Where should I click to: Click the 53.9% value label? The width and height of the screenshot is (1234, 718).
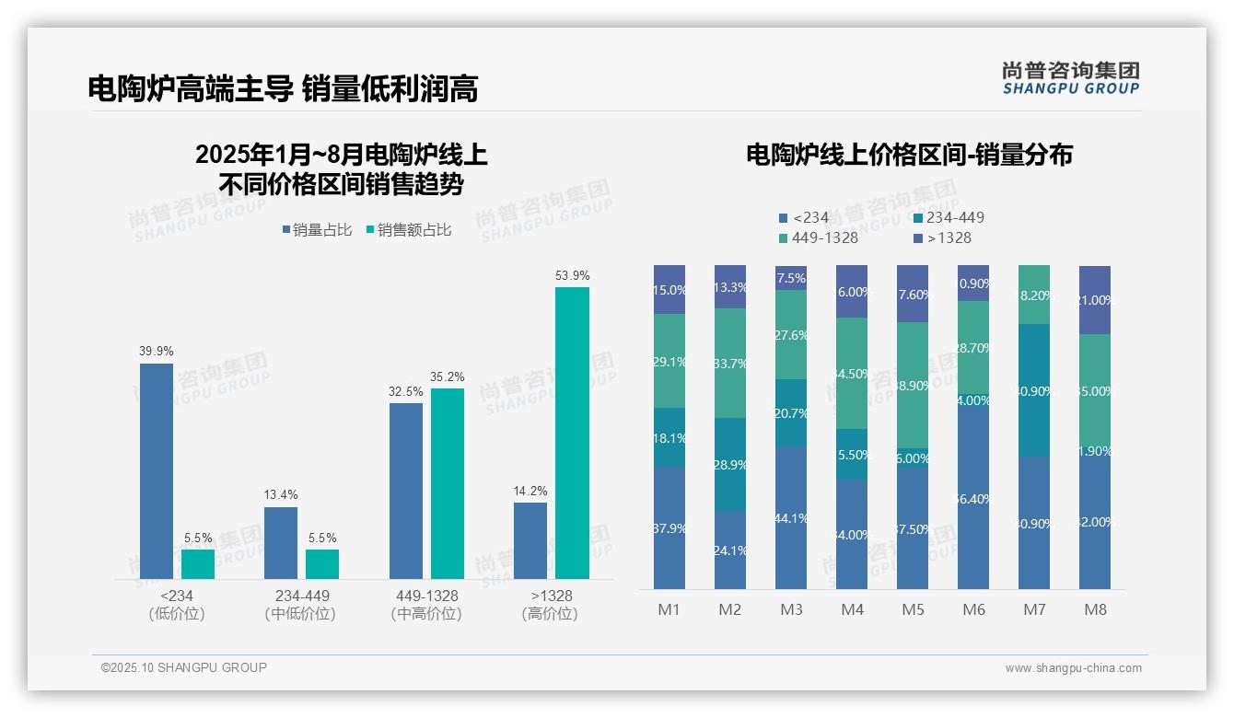[573, 275]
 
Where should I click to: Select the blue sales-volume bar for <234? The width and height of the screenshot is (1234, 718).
[157, 470]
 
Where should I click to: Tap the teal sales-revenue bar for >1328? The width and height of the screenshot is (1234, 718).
[573, 433]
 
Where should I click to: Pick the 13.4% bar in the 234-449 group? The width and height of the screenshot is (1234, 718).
[281, 542]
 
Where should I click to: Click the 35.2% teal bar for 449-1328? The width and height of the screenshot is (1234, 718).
[448, 483]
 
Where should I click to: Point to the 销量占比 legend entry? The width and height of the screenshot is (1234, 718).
[317, 230]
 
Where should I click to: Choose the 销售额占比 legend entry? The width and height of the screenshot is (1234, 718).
[409, 230]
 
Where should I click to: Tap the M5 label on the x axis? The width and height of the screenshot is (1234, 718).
[913, 609]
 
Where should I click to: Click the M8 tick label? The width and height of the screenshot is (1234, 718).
[1095, 609]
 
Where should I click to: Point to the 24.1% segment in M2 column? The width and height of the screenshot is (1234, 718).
[730, 550]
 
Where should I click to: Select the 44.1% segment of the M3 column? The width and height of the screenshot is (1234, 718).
[791, 518]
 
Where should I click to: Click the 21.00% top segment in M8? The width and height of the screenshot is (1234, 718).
[1095, 300]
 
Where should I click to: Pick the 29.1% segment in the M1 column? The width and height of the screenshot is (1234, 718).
[669, 361]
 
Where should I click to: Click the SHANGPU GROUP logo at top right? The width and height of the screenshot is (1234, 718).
[1070, 78]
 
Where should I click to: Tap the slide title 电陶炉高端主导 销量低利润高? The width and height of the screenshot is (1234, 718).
[283, 88]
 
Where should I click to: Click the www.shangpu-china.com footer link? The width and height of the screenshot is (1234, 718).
[1073, 668]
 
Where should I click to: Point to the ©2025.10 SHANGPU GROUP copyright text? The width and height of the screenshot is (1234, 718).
[184, 668]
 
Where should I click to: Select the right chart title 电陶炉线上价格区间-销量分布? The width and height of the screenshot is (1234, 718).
[909, 155]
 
